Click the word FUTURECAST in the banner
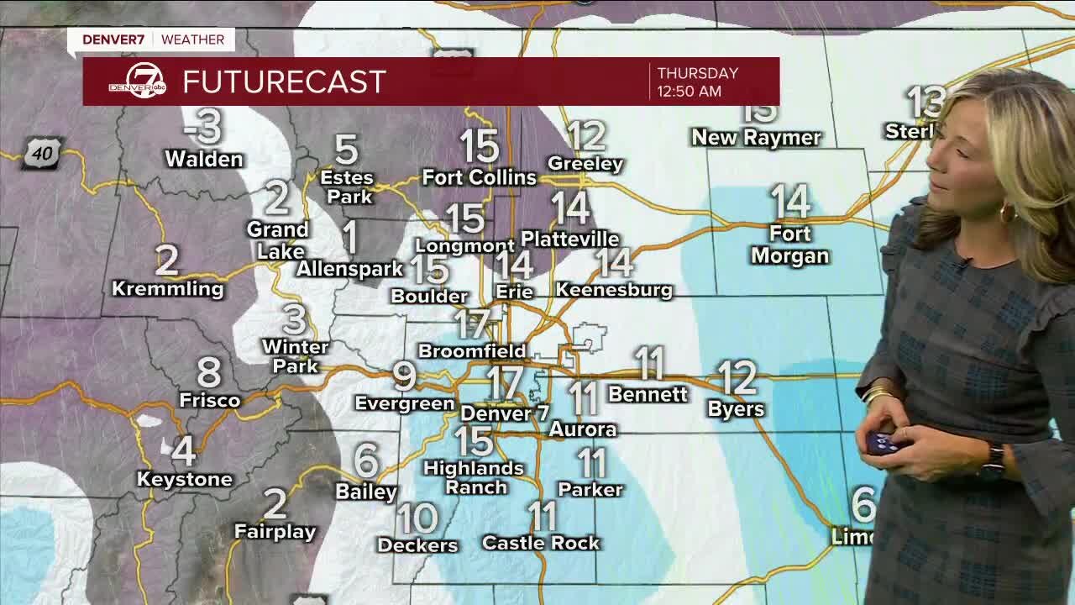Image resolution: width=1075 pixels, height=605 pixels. point(284,82)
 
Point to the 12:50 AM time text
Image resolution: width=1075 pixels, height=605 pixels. point(689,92)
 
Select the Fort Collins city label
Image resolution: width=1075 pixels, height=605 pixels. point(479,177)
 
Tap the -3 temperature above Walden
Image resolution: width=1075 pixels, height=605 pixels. point(203,126)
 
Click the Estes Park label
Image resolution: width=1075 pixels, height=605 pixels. point(347,187)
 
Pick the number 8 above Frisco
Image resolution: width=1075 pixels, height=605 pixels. point(209,371)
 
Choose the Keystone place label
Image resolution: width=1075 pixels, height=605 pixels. point(185,479)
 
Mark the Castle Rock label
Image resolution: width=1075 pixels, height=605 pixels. point(541,543)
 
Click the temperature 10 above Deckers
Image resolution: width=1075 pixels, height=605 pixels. point(417,518)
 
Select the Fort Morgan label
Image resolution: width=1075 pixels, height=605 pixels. point(789,245)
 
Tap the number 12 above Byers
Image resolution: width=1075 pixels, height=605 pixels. point(737,378)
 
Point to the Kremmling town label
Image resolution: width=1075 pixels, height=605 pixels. point(168,289)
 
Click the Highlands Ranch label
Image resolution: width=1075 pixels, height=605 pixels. point(474,477)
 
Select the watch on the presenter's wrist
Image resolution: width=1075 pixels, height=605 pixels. point(994,461)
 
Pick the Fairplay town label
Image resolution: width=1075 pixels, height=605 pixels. point(275,532)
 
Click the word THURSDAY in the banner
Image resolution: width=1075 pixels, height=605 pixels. point(697,73)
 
